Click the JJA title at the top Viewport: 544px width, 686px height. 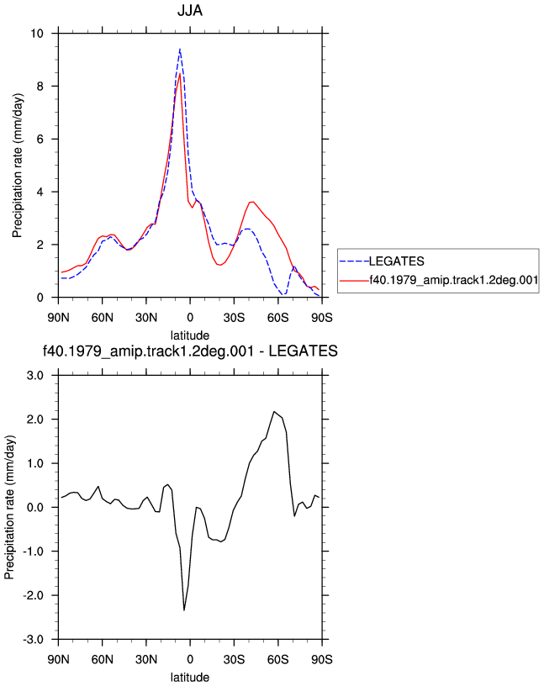click(x=190, y=10)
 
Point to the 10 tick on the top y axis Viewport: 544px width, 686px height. click(x=37, y=34)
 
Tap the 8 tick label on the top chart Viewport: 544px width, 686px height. click(x=40, y=87)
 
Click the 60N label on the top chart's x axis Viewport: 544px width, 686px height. click(x=103, y=318)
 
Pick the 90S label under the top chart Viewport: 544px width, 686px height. click(x=322, y=318)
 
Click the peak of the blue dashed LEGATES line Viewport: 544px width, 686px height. click(x=180, y=49)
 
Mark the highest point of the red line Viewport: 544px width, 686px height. click(x=180, y=73)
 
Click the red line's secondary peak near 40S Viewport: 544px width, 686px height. click(x=252, y=202)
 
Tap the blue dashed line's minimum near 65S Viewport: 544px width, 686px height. click(x=283, y=295)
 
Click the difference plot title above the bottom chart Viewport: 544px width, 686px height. click(x=190, y=351)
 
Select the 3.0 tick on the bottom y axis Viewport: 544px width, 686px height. click(x=35, y=376)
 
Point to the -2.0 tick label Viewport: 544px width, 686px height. click(x=34, y=595)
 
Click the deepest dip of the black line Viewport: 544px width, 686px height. click(x=184, y=610)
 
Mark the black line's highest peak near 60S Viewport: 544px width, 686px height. click(x=274, y=412)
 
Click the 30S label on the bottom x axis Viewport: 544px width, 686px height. click(x=234, y=659)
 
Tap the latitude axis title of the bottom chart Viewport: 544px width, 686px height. click(x=190, y=678)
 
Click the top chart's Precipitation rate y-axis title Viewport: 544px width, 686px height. click(x=17, y=166)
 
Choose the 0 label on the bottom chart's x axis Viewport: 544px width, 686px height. click(x=190, y=659)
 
